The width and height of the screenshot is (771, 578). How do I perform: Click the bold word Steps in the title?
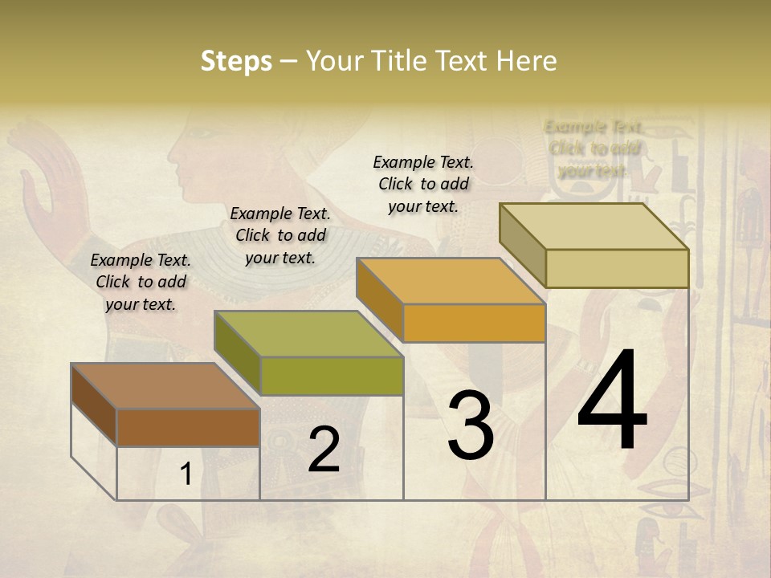236,62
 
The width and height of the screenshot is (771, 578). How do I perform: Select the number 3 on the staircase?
470,425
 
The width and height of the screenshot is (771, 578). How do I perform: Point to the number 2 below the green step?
324,450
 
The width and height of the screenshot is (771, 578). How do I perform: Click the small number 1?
186,474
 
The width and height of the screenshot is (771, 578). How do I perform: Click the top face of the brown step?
165,386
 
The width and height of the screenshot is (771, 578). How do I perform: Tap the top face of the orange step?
451,282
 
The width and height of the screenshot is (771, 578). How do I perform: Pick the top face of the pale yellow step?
594,226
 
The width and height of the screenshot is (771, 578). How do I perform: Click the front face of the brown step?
188,427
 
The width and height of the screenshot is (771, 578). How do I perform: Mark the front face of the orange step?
474,324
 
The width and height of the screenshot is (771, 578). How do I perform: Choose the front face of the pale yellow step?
617,268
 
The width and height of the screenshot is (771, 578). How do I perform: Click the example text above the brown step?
141,282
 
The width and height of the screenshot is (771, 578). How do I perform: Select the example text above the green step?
280,235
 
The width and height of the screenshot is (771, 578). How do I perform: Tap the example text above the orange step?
423,184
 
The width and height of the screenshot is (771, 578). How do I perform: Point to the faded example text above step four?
594,149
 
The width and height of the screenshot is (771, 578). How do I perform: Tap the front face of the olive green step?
331,376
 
